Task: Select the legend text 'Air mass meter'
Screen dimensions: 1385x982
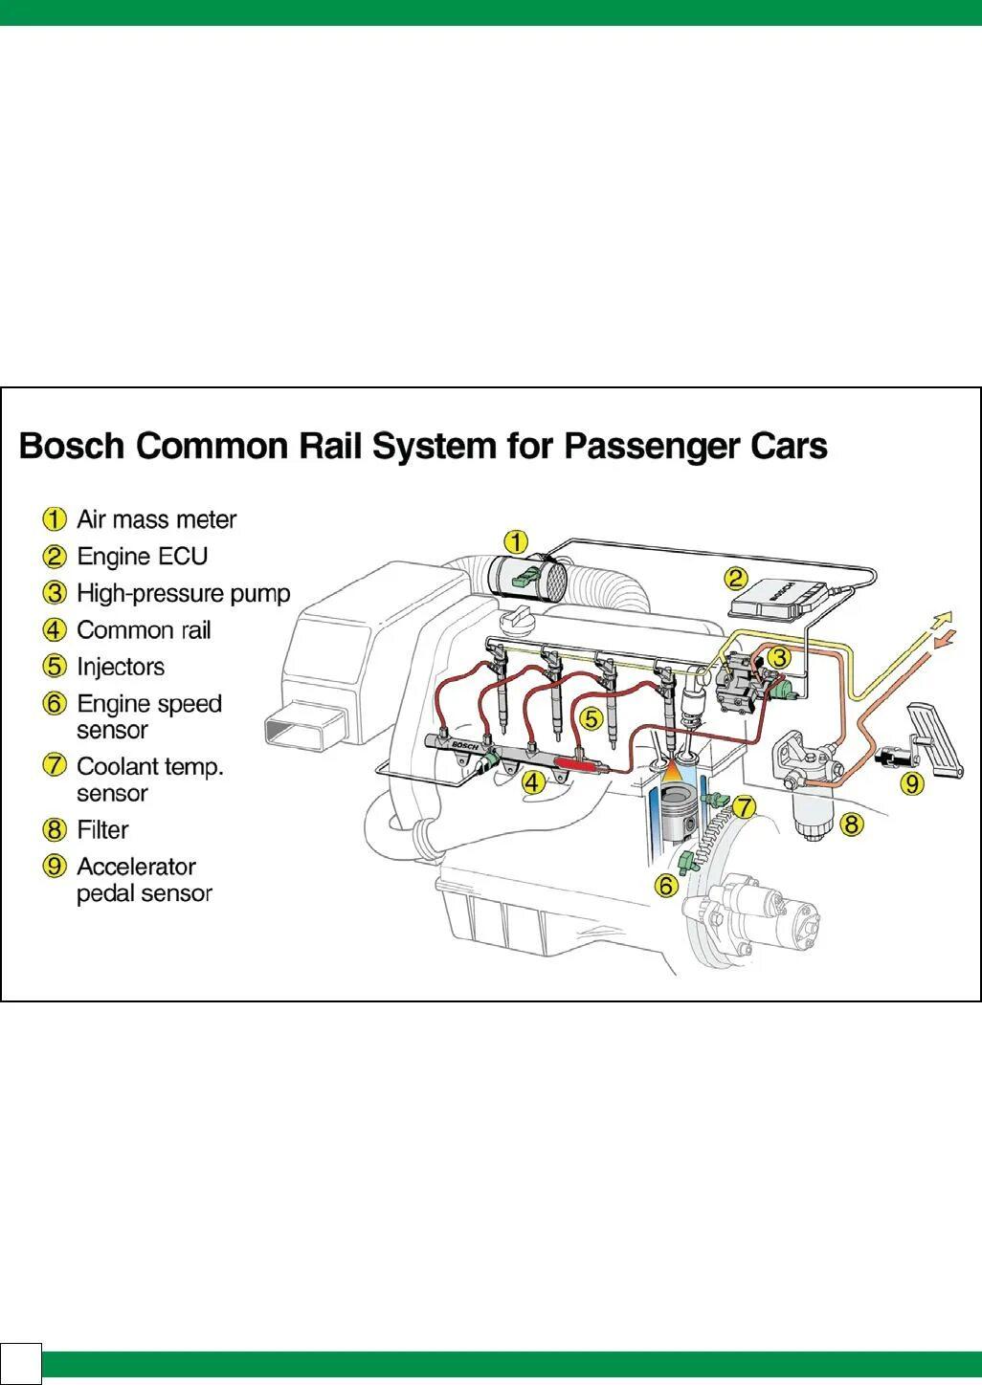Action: click(x=156, y=519)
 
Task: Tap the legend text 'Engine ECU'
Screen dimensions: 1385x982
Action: click(x=142, y=556)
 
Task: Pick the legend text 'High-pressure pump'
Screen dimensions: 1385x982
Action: click(x=183, y=593)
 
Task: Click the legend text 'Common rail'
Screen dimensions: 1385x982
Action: click(x=144, y=630)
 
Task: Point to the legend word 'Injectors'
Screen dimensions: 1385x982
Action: click(x=121, y=667)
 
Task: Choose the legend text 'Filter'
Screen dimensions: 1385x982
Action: click(x=102, y=829)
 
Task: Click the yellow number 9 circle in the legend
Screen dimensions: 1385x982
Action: click(x=55, y=867)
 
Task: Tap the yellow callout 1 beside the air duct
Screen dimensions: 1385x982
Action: click(x=516, y=542)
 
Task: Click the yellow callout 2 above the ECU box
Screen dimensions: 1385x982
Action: click(x=735, y=578)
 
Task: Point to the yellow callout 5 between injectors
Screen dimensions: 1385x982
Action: click(x=591, y=717)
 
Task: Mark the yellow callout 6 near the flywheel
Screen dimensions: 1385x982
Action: click(x=666, y=886)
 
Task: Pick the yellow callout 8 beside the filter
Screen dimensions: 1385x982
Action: click(x=852, y=824)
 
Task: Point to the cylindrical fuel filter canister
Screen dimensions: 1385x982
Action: click(x=814, y=813)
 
